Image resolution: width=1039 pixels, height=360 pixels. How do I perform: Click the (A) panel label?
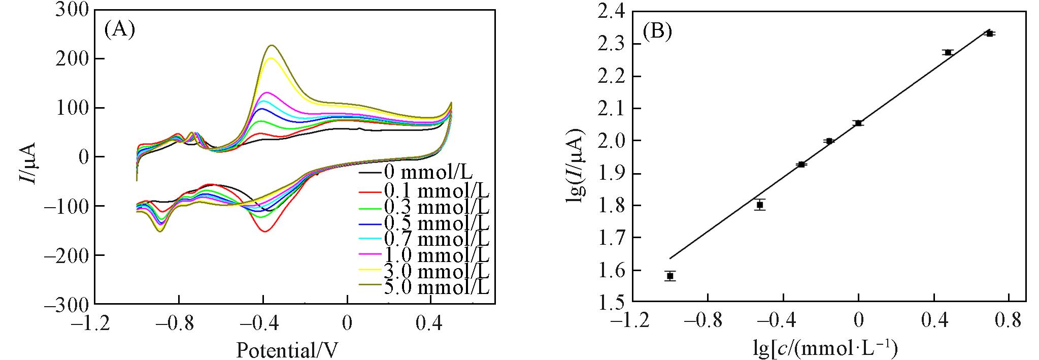120,30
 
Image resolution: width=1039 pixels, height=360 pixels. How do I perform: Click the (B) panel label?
657,32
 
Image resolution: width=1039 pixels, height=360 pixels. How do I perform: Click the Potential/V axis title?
287,350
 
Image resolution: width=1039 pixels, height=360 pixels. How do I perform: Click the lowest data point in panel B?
670,276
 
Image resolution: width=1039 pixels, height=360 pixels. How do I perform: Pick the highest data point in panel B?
989,34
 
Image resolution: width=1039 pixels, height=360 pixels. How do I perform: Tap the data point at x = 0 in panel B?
858,123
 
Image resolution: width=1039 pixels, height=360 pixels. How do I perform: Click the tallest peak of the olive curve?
272,45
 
